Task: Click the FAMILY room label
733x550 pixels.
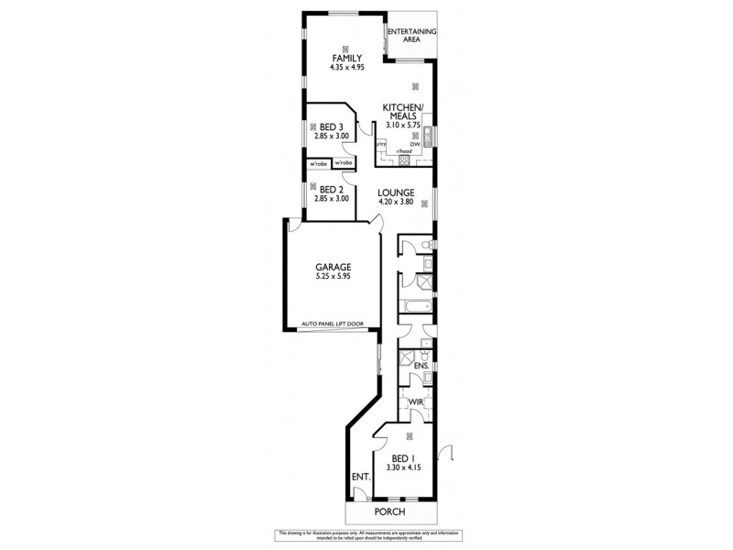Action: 346,59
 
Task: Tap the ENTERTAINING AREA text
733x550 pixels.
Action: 411,36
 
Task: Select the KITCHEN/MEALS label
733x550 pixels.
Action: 401,111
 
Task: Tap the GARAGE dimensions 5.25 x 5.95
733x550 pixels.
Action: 334,276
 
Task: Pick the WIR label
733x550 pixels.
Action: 415,401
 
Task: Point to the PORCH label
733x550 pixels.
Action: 390,512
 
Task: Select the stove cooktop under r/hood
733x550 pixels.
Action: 400,160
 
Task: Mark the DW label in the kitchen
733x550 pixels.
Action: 415,145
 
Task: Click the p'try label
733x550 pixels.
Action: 381,145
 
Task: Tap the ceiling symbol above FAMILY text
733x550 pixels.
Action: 346,49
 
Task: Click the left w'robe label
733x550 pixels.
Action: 318,164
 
